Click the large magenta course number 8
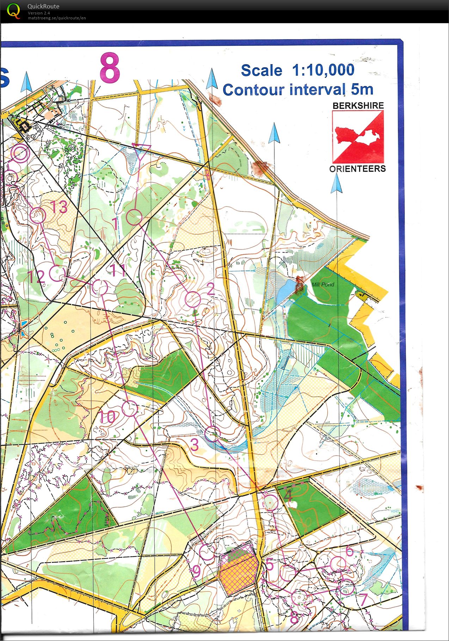click(x=110, y=67)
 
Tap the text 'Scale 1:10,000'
click(x=297, y=70)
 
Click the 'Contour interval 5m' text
click(x=298, y=90)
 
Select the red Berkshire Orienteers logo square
click(x=358, y=137)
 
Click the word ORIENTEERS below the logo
click(x=357, y=169)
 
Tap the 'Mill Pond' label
click(x=323, y=284)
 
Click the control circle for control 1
click(x=134, y=217)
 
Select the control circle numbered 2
click(x=193, y=299)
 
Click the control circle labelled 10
click(x=130, y=408)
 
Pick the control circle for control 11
click(x=100, y=287)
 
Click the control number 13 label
click(x=59, y=207)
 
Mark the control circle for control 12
click(x=57, y=273)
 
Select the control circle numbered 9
click(x=207, y=552)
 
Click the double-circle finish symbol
click(x=20, y=153)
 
